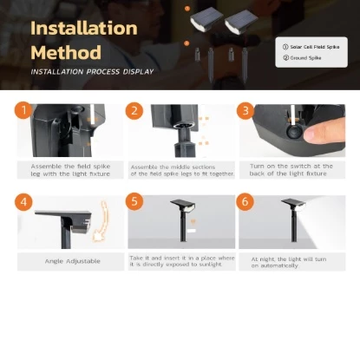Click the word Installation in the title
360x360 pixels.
(83, 27)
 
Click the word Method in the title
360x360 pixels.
(66, 51)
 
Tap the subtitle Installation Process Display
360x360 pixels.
(92, 71)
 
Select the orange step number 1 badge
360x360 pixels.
(23, 110)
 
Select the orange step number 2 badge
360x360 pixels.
(134, 110)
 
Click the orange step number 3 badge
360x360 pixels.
(245, 110)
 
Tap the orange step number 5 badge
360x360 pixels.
(134, 201)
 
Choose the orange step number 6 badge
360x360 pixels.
(245, 201)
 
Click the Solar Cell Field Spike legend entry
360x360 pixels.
(311, 44)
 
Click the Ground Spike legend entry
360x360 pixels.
(301, 59)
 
